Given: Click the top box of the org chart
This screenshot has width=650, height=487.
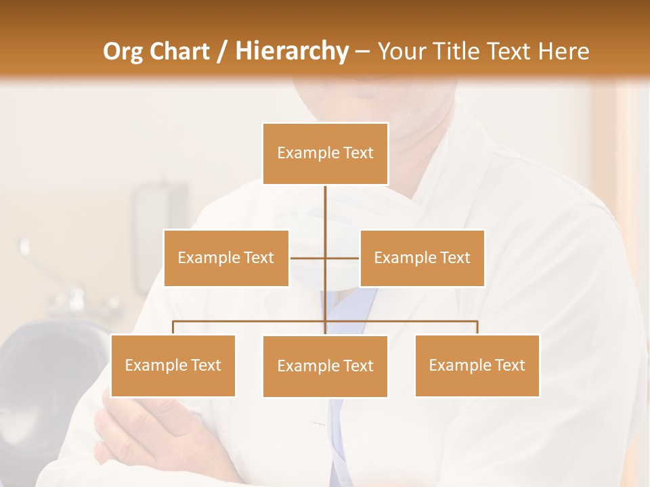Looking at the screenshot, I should [x=325, y=154].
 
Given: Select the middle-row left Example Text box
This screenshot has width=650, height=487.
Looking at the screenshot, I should [x=226, y=258].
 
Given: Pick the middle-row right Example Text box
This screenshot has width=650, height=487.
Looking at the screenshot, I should [x=422, y=258].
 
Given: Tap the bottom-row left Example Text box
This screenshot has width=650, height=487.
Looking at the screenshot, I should [x=173, y=365].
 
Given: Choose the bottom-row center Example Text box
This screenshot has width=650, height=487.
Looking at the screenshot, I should [x=325, y=366].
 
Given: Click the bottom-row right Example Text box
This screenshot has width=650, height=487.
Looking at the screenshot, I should [x=477, y=365].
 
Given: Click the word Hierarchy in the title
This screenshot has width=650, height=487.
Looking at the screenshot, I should [x=292, y=51].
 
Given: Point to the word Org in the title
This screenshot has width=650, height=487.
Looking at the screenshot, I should [x=123, y=51].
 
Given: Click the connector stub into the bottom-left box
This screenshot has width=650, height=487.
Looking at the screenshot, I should [x=173, y=327].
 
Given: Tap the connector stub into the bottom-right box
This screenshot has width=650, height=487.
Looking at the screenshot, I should [x=477, y=327].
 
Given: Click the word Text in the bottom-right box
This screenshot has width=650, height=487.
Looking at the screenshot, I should [x=510, y=365].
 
